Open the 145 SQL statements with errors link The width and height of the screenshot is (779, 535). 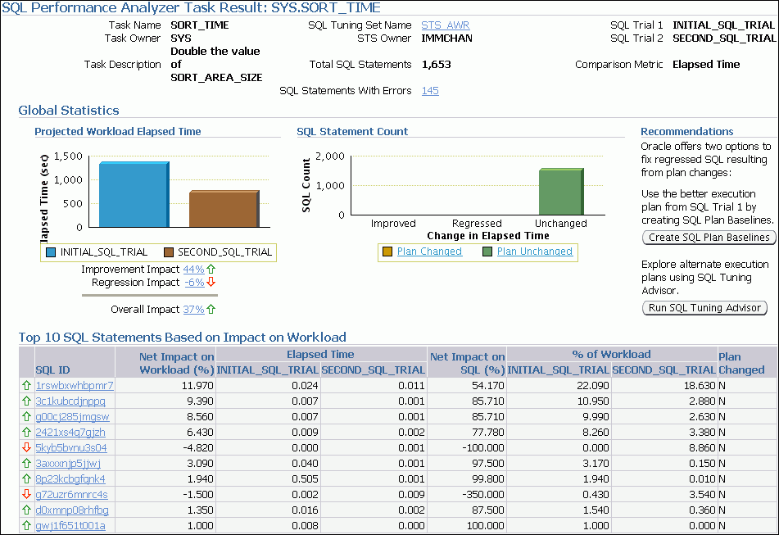(430, 90)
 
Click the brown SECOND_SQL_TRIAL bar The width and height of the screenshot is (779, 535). (224, 208)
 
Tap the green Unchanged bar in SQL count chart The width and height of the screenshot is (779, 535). (561, 192)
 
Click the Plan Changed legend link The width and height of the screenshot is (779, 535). (429, 252)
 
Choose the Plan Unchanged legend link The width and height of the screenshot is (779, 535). (534, 252)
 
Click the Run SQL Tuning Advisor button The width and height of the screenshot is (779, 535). (704, 308)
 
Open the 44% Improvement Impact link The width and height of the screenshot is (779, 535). (193, 269)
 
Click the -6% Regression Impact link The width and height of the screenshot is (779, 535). (193, 282)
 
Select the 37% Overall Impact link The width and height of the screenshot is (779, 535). (193, 309)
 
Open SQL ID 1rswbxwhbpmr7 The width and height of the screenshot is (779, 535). (74, 385)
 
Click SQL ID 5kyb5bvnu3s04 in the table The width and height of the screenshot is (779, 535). (70, 447)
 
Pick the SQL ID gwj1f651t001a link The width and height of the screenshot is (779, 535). (70, 525)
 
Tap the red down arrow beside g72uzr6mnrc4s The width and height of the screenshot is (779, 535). (26, 494)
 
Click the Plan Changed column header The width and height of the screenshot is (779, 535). (741, 363)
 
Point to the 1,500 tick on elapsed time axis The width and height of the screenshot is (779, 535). (69, 156)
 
